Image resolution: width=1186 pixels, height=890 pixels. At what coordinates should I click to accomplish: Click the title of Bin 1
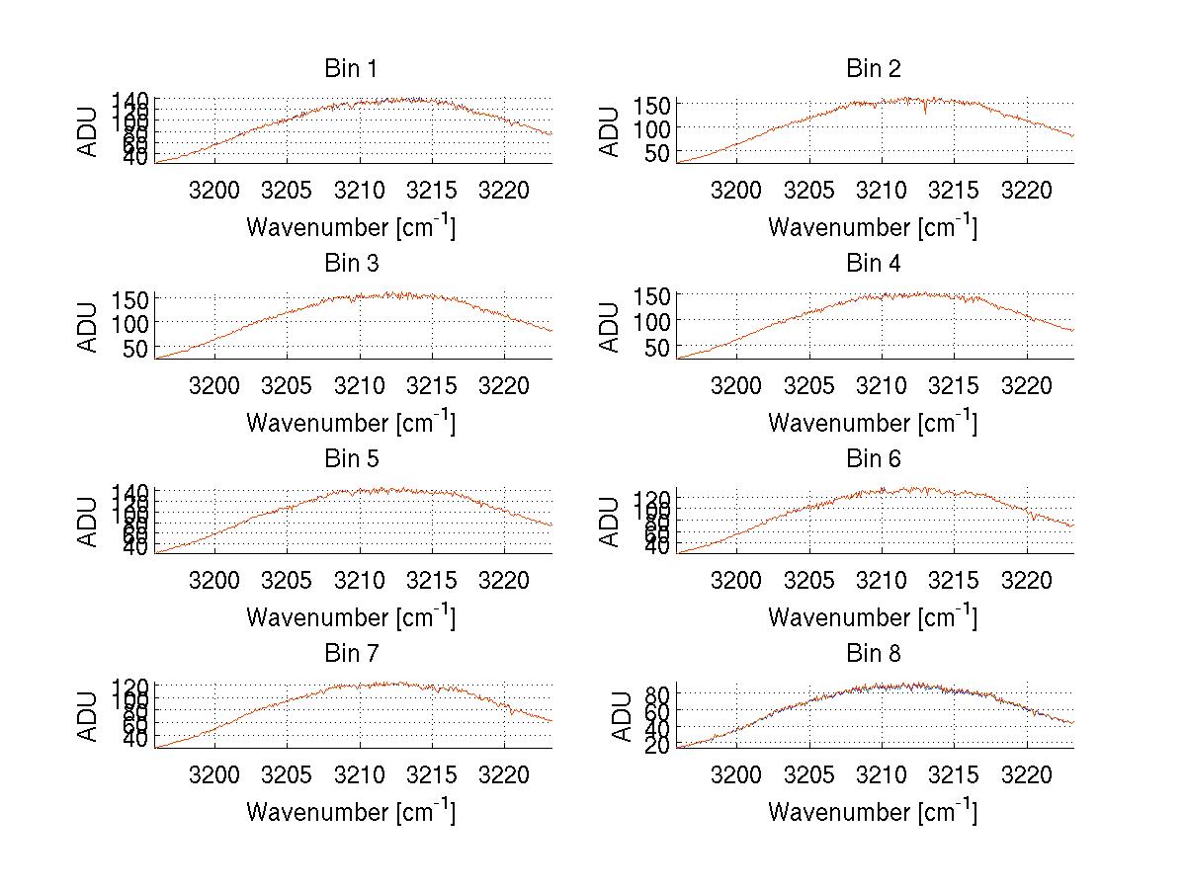click(x=350, y=69)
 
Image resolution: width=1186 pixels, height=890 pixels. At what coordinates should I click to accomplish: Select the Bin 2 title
click(x=874, y=69)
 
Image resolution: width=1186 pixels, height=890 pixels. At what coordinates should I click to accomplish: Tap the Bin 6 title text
click(x=874, y=459)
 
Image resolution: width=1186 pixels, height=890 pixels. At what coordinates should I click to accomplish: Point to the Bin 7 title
click(x=350, y=654)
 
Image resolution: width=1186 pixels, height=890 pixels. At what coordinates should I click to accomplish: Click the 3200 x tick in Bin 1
click(x=214, y=190)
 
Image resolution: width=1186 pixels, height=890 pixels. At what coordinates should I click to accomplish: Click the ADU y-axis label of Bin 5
click(x=89, y=522)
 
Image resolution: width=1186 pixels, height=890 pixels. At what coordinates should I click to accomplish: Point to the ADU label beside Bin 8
click(x=623, y=716)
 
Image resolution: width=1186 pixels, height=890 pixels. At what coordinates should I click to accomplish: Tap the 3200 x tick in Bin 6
click(x=736, y=579)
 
